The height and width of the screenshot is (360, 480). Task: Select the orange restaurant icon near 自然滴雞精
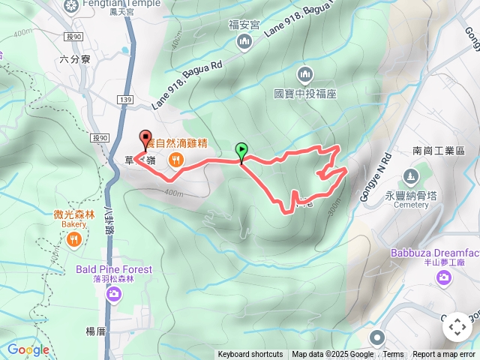(176, 158)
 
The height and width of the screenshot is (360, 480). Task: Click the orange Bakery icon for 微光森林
(74, 239)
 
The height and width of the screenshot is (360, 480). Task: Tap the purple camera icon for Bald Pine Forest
(113, 293)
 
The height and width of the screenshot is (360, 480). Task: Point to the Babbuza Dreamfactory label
(435, 253)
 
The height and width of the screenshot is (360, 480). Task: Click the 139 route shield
(125, 99)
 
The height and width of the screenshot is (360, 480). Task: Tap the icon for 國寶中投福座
(304, 74)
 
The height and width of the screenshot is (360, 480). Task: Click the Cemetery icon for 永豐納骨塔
(410, 177)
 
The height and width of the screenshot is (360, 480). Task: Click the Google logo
(28, 349)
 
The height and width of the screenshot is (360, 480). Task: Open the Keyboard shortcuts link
(250, 355)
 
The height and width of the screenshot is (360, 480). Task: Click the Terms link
(393, 355)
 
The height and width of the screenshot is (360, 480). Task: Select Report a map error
(445, 355)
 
